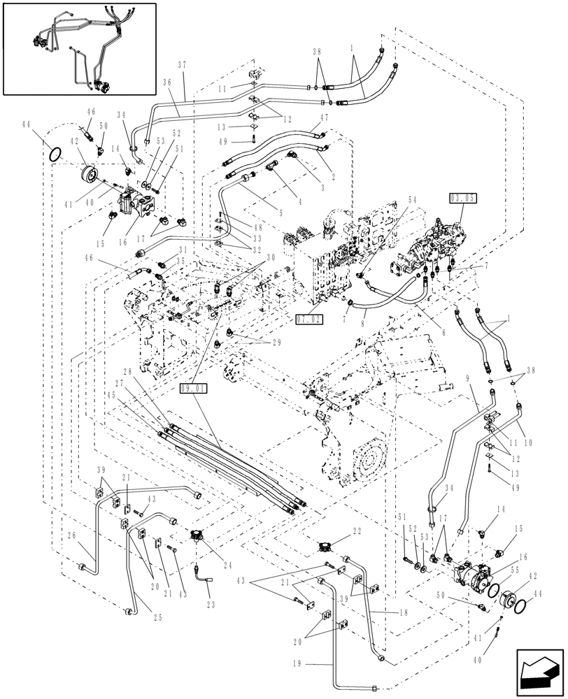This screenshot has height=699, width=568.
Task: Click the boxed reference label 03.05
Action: (x=463, y=199)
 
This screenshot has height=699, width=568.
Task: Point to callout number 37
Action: (x=183, y=64)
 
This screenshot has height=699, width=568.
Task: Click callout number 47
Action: (x=323, y=120)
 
